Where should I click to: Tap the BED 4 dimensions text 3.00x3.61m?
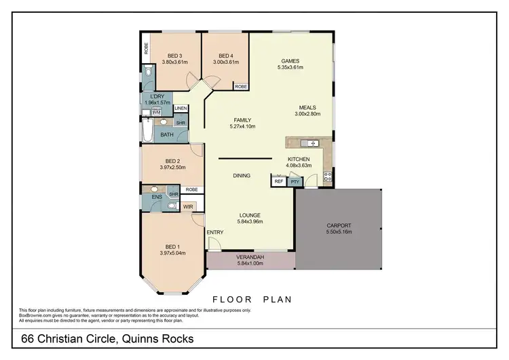pos(226,62)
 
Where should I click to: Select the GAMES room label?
pos(290,60)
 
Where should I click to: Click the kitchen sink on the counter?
pos(309,143)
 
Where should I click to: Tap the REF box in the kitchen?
pos(278,181)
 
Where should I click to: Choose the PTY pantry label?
pos(295,181)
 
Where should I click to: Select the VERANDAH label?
pos(250,258)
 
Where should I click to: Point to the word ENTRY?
pos(215,233)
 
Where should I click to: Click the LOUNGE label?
pos(250,215)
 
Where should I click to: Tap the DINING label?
pos(242,175)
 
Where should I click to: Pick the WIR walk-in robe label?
pos(188,206)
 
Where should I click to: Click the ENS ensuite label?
pos(156,197)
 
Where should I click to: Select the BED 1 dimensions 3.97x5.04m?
pos(173,253)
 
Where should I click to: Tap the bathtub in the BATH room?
pos(149,130)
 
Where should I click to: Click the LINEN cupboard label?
pos(181,109)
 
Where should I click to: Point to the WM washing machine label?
pos(157,112)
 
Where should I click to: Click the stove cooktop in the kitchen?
pos(328,177)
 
